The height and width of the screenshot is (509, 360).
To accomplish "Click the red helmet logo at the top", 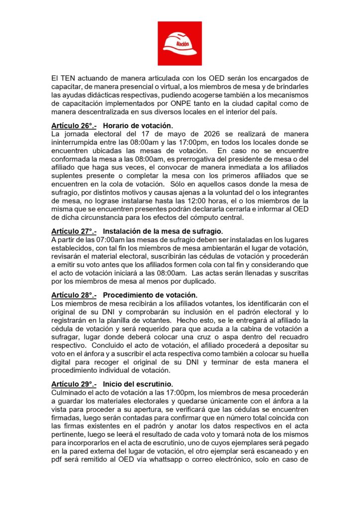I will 180,43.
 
